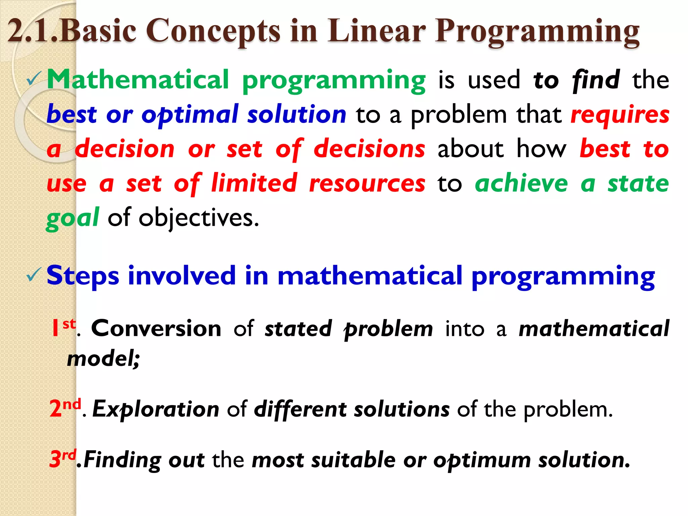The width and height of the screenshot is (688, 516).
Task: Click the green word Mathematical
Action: coord(138,80)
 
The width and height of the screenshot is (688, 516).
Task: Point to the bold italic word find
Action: coord(596,80)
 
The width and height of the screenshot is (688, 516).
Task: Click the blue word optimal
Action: coord(190,115)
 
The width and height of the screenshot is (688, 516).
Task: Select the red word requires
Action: coord(620,115)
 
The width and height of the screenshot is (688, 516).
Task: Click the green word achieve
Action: coord(521,183)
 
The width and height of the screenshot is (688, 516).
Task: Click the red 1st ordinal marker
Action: coord(63,328)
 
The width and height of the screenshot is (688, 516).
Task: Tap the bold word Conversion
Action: coord(156,328)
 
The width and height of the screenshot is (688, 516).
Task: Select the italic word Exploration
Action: coord(156,410)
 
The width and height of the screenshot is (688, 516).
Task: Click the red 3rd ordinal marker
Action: coord(62,458)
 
